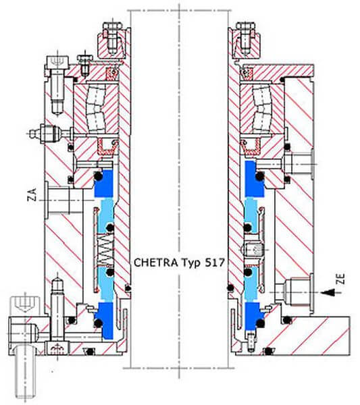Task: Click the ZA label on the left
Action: (32, 195)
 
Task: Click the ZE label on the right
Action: (341, 279)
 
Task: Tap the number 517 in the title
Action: (215, 263)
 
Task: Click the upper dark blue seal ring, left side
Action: (104, 184)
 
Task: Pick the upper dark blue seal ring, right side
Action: (255, 179)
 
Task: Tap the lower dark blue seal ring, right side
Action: (255, 317)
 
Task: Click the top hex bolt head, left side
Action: (111, 26)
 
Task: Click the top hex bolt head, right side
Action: (245, 26)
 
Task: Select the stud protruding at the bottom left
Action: (25, 372)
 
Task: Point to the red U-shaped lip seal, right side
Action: (251, 147)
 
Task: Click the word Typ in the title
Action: (190, 263)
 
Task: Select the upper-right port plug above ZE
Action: (299, 164)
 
